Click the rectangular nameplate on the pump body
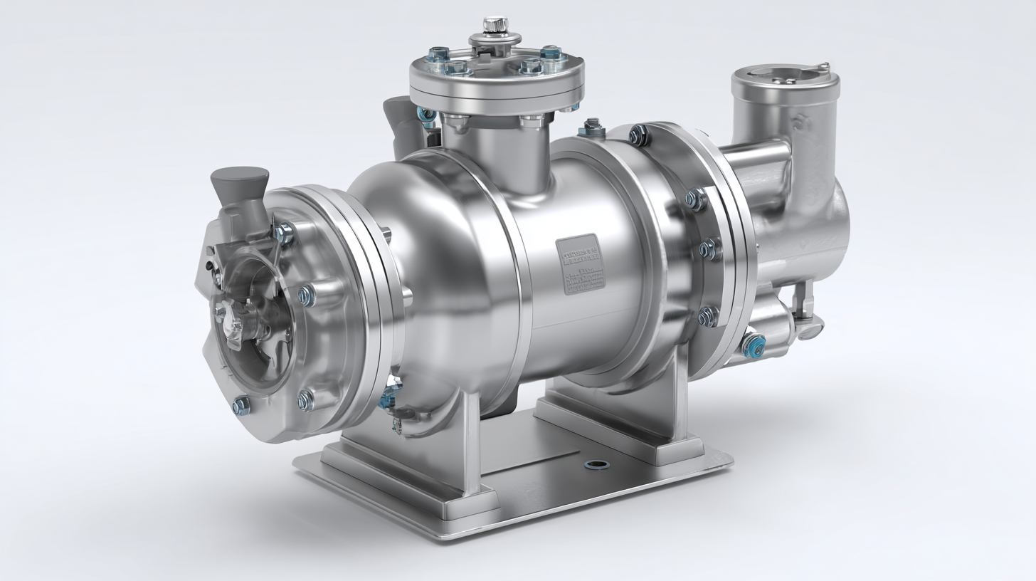579,265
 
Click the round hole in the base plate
596,465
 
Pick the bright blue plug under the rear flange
753,345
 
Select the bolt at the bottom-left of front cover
241,405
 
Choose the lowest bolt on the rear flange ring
708,316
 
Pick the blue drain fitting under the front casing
390,394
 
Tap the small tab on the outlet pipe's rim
824,67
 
